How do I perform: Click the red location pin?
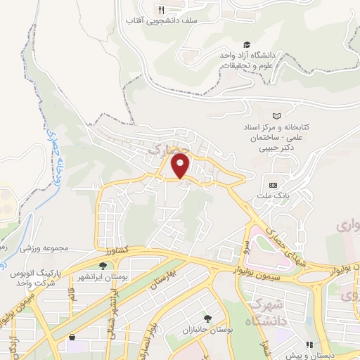point(181,165)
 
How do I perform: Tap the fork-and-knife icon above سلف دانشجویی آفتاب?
point(161,10)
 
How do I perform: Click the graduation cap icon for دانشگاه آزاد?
point(246,44)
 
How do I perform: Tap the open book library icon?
point(276,115)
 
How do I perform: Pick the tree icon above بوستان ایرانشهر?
point(103,266)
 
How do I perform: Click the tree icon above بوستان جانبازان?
point(206,319)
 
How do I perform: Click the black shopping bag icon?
point(72,338)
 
